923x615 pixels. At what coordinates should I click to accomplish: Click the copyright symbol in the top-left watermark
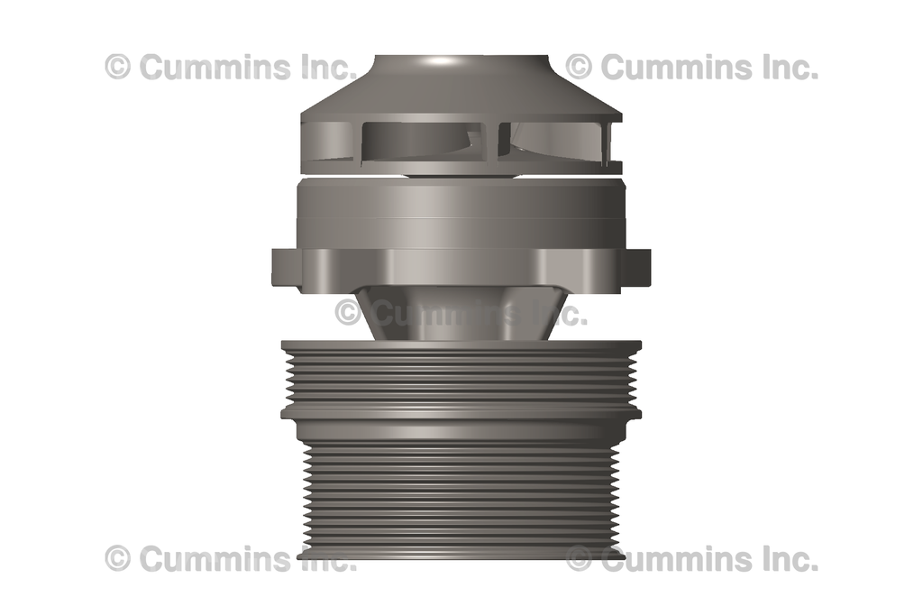click(118, 67)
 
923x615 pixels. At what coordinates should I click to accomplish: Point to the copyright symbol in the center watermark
click(349, 313)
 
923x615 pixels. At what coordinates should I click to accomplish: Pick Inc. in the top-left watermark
click(321, 67)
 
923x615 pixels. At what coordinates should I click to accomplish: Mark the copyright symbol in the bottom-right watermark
click(580, 559)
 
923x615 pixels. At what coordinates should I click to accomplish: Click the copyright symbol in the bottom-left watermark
click(118, 559)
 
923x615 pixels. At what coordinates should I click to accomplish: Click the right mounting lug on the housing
click(636, 267)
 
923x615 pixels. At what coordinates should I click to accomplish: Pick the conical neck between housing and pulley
click(461, 316)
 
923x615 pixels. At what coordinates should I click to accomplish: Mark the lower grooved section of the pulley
click(461, 487)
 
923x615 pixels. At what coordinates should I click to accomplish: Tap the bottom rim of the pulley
click(461, 551)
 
